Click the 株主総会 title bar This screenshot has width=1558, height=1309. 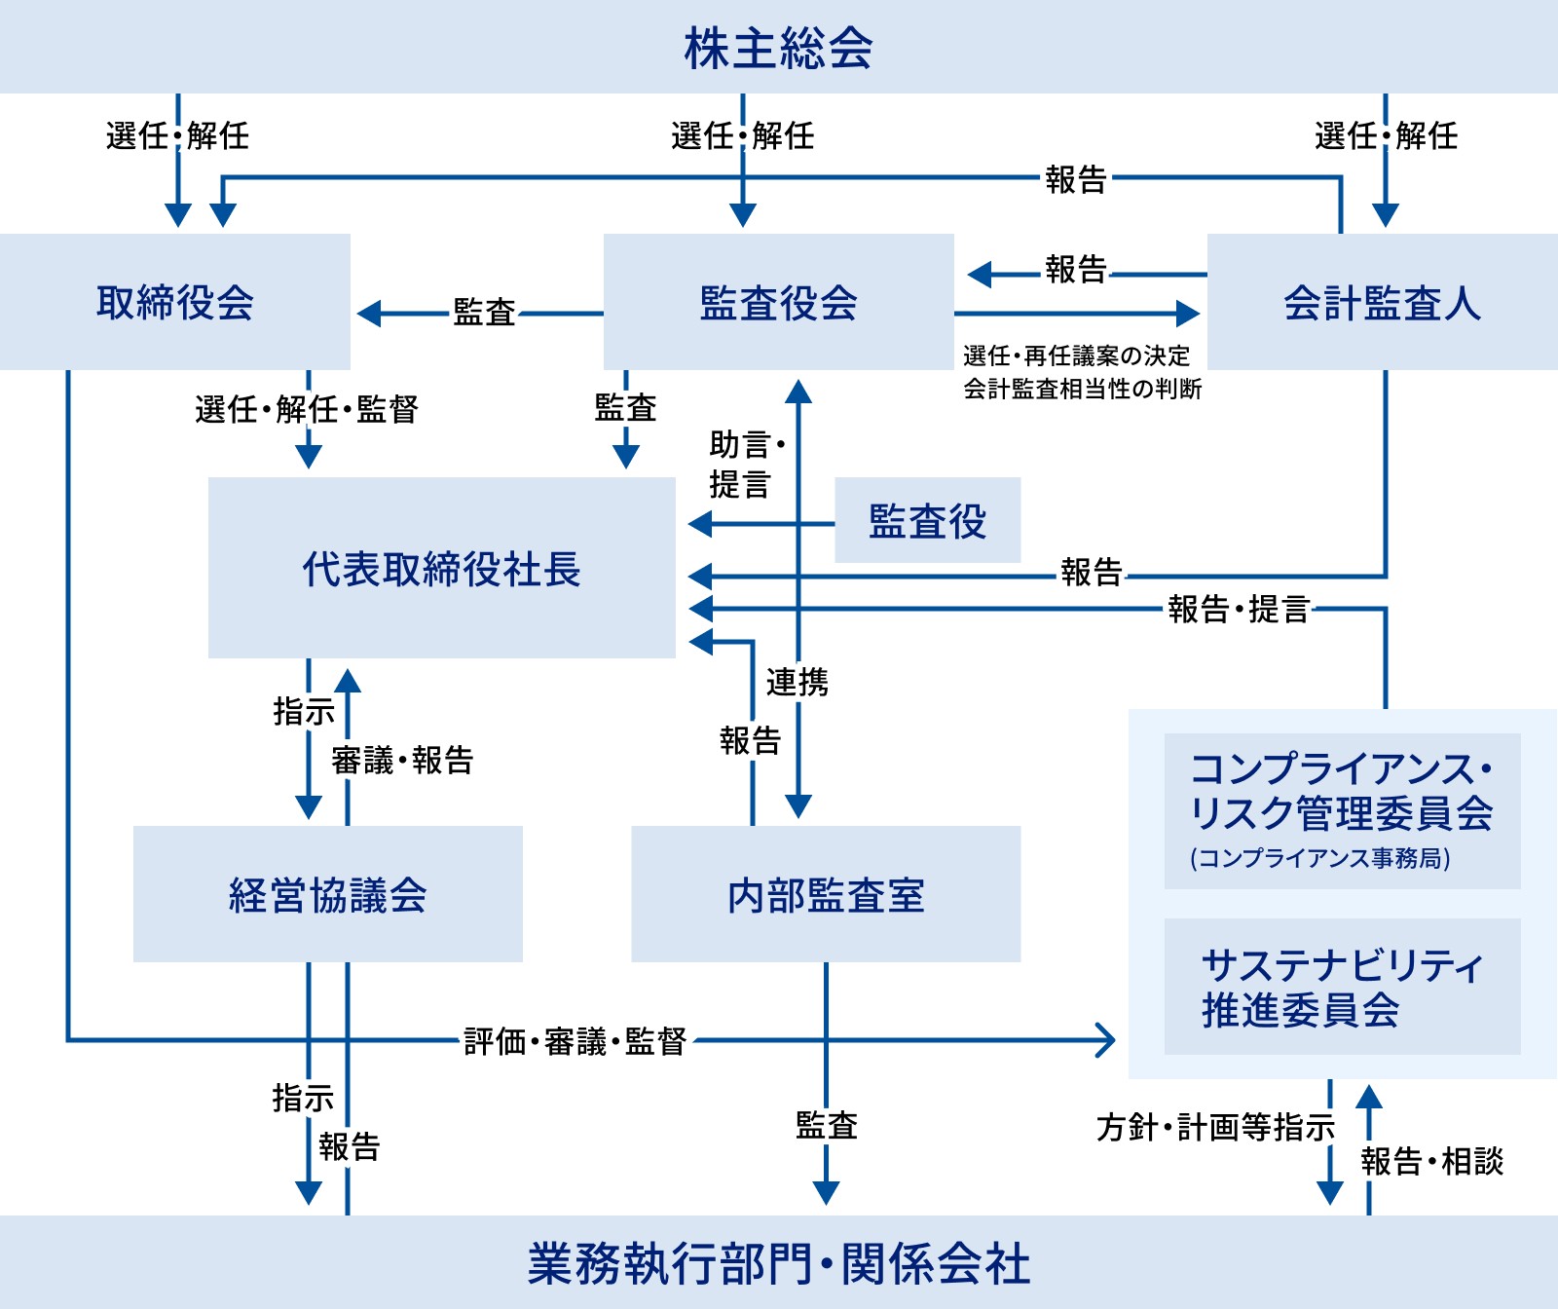(x=778, y=47)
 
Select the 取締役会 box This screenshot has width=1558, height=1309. (x=175, y=302)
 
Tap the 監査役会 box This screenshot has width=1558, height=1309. (x=778, y=302)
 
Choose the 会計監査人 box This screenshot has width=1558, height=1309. (x=1382, y=302)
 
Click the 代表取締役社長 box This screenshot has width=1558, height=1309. (x=441, y=568)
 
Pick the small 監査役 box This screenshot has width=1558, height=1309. (x=927, y=520)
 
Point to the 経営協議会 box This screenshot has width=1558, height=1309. (x=327, y=894)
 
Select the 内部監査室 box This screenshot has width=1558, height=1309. (x=826, y=894)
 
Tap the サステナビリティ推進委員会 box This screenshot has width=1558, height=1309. (x=1342, y=987)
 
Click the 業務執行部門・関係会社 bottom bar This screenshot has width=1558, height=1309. (x=778, y=1263)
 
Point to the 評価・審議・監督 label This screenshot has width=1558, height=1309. (x=575, y=1041)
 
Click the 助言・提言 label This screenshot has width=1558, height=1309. (x=746, y=465)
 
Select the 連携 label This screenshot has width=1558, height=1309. (x=797, y=682)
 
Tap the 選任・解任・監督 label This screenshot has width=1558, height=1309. (x=306, y=409)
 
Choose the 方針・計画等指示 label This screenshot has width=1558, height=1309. (x=1214, y=1127)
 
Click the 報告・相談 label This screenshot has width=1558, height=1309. (x=1431, y=1161)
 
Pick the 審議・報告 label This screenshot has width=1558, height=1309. (x=401, y=760)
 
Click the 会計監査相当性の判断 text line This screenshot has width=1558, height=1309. (x=1082, y=389)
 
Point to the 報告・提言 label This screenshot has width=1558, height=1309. (x=1238, y=610)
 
